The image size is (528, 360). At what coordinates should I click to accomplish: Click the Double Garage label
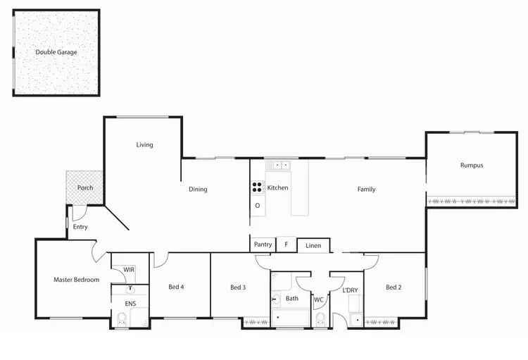pos(56,52)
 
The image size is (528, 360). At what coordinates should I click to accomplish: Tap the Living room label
pos(144,145)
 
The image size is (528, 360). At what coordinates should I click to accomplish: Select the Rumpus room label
pos(472,166)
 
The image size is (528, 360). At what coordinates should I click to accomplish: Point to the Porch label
pos(85,188)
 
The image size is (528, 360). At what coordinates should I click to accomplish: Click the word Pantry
pos(263,244)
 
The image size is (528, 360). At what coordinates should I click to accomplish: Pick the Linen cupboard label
pos(313,246)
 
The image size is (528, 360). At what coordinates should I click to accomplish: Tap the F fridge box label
pos(286,244)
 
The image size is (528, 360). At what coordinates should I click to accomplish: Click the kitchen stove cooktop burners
pos(258,187)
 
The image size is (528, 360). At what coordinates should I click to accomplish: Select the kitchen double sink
pos(282,166)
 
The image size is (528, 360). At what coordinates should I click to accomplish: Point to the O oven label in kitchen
pos(258,206)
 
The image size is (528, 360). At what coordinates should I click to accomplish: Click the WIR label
pos(129,270)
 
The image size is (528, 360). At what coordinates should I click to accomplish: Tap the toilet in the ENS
pos(122,321)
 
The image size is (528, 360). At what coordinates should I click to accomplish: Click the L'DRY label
pos(350,291)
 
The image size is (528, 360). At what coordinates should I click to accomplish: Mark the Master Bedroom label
pos(76,280)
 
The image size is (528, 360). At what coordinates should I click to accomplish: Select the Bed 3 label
pos(238,287)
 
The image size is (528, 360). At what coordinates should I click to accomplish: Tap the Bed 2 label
pos(394,287)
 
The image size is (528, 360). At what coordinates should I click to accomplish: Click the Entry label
pos(80,227)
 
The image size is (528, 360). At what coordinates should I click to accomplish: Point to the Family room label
pos(366,189)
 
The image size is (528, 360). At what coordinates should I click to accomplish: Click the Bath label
pos(292,299)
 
